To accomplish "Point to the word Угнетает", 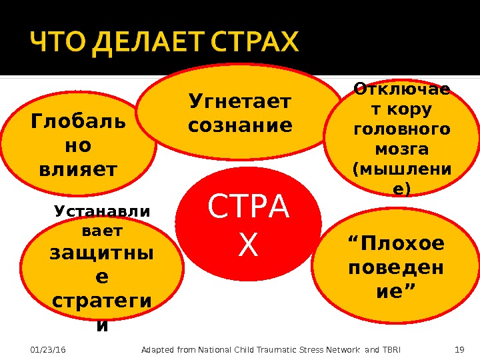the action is (241, 102).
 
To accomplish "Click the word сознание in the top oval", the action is (241, 125).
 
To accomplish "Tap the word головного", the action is (400, 128).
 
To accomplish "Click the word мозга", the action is (400, 147).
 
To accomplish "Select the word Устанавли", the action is (102, 211).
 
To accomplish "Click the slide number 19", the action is (458, 350).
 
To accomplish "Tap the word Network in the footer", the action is (346, 350).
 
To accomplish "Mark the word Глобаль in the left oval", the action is (77, 123).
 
